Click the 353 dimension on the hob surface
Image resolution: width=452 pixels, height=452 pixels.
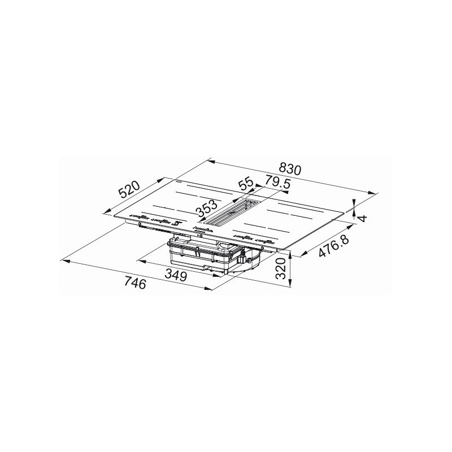[207, 211]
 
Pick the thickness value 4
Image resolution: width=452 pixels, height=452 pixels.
[363, 216]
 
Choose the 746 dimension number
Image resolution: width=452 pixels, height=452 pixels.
[134, 283]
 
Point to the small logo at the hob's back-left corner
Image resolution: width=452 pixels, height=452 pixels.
[176, 183]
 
